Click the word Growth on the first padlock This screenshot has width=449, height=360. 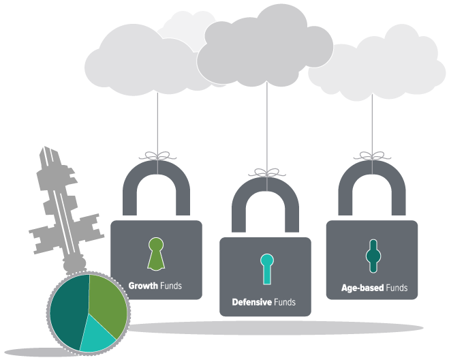coord(143,285)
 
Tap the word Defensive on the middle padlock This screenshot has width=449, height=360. coord(251,301)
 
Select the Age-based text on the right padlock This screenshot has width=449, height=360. coord(362,288)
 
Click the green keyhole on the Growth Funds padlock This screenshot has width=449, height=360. coord(156,252)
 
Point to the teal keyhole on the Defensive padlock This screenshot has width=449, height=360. coord(266,268)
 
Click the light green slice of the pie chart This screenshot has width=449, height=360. coord(107,303)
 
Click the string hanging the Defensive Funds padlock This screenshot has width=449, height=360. coord(266,123)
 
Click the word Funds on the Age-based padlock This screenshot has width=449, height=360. coord(397,288)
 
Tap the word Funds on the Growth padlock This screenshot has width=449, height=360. coord(170,285)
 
